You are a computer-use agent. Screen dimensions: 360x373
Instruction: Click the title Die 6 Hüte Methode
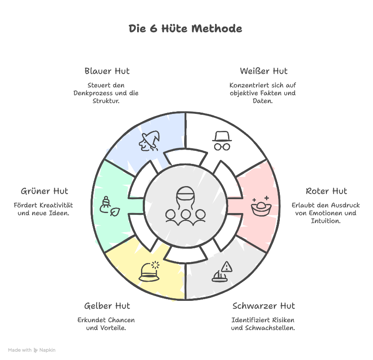185,29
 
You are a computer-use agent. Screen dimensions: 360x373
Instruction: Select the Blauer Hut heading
107,71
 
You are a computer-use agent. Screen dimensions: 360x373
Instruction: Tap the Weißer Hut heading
264,71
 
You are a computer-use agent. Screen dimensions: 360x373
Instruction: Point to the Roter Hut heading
326,191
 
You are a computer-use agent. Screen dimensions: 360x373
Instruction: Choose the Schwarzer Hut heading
264,306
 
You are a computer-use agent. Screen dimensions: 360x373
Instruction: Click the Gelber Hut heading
107,306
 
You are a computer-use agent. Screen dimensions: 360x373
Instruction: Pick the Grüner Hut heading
44,191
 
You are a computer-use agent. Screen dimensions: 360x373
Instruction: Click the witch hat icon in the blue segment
149,141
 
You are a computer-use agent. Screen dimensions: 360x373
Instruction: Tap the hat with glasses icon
222,140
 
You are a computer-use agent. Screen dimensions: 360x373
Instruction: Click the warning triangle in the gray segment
226,267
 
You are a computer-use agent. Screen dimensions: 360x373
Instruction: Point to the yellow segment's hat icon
148,272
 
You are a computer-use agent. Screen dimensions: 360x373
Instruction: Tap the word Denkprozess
94,93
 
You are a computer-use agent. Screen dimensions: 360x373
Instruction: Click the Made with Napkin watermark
32,350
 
